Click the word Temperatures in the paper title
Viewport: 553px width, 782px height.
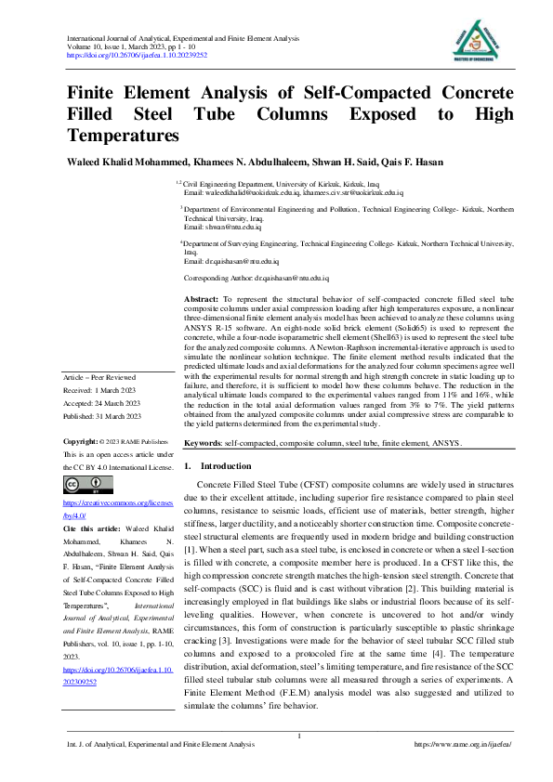[123, 136]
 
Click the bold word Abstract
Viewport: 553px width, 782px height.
[202, 299]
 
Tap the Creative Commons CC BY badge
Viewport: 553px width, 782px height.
[88, 484]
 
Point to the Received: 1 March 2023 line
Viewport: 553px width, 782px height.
[99, 392]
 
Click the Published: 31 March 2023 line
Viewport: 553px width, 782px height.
[101, 415]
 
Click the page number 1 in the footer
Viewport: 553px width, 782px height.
[299, 736]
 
